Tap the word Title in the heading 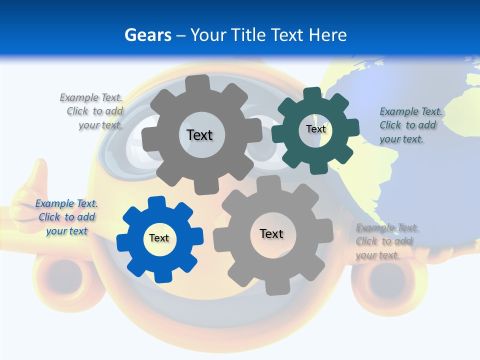point(250,35)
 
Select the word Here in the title point(327,35)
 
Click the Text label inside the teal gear point(315,129)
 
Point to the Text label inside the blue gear point(159,238)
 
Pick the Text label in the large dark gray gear point(199,135)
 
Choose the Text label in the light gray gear point(271,233)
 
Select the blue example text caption point(66,217)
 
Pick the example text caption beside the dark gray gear point(92,111)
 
